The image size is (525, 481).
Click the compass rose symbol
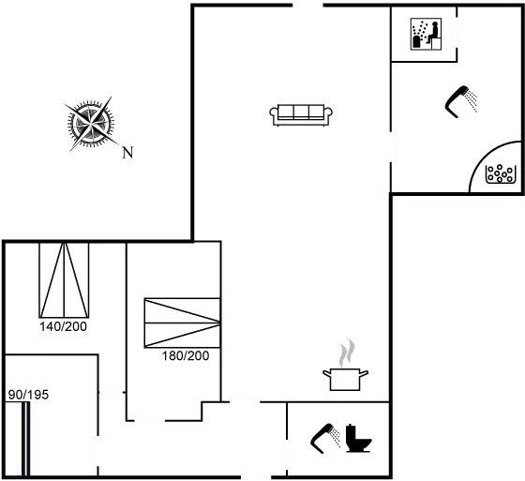pyautogui.click(x=90, y=125)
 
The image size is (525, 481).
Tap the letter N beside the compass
pyautogui.click(x=127, y=153)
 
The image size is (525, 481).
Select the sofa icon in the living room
pyautogui.click(x=301, y=115)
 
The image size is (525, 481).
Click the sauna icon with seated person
pyautogui.click(x=426, y=34)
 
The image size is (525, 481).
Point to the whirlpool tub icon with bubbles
pyautogui.click(x=499, y=173)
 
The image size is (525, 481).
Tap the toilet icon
pyautogui.click(x=359, y=438)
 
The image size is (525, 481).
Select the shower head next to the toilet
pyautogui.click(x=325, y=439)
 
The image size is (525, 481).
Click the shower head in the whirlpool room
pyautogui.click(x=461, y=102)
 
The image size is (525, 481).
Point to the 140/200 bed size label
pyautogui.click(x=64, y=326)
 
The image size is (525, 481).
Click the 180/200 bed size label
pyautogui.click(x=186, y=355)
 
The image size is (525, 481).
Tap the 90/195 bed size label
pyautogui.click(x=28, y=395)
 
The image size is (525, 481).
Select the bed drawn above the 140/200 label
pyautogui.click(x=64, y=279)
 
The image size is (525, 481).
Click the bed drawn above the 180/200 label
pyautogui.click(x=183, y=323)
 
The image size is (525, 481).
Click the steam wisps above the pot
pyautogui.click(x=347, y=353)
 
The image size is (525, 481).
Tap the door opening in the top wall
pyautogui.click(x=308, y=5)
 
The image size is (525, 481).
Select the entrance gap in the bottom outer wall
pyautogui.click(x=256, y=476)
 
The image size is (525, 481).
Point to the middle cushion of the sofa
pyautogui.click(x=301, y=112)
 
